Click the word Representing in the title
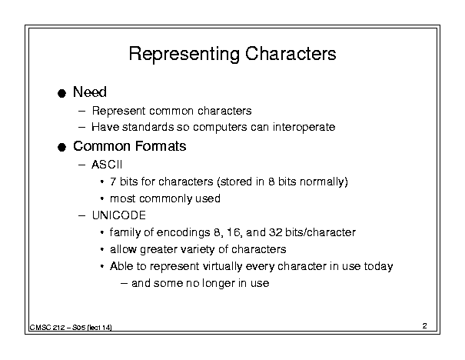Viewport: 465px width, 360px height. coord(184,55)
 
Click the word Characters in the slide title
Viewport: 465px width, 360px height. coord(291,53)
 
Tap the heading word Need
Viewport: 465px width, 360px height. coord(90,92)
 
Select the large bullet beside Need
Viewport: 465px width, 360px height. coord(61,93)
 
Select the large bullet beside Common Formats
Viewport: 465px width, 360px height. coord(61,147)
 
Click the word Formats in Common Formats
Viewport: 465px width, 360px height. coord(161,146)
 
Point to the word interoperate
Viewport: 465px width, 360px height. coord(304,127)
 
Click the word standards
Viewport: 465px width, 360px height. coord(148,127)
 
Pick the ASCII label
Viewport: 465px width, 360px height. coord(107,165)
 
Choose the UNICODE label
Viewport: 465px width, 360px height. coord(119,215)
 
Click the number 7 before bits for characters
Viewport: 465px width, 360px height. coord(113,182)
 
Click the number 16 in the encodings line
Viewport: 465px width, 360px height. coord(235,232)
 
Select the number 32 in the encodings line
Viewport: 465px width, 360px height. coord(275,232)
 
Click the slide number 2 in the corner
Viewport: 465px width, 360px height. coord(425,326)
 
